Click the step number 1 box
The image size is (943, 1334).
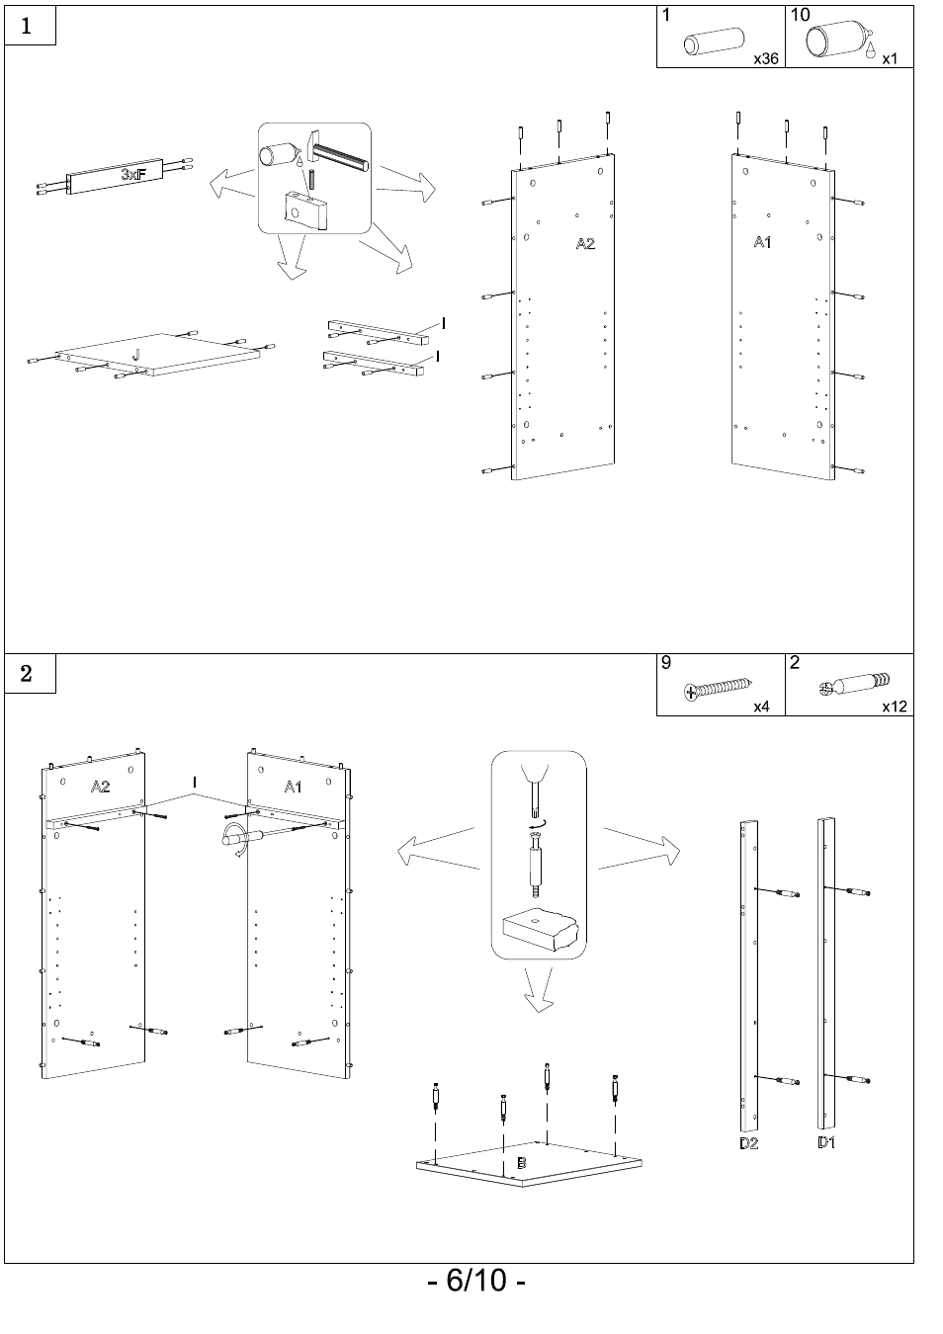pos(29,26)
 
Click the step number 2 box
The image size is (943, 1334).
pos(29,674)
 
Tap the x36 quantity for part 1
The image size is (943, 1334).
pos(766,58)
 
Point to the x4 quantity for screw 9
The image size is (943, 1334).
pos(761,707)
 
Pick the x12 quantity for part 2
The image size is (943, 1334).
pos(895,707)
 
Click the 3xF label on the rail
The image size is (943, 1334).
pos(134,174)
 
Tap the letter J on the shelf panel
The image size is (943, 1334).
pos(135,354)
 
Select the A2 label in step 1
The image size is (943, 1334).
pos(585,243)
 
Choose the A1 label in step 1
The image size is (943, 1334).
pos(762,241)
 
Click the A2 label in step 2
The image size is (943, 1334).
pos(100,787)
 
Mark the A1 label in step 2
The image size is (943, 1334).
pos(294,787)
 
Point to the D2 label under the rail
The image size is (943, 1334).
pos(748,1143)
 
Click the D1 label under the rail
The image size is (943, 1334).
pos(826,1142)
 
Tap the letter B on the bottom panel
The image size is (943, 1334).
pos(521,1162)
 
